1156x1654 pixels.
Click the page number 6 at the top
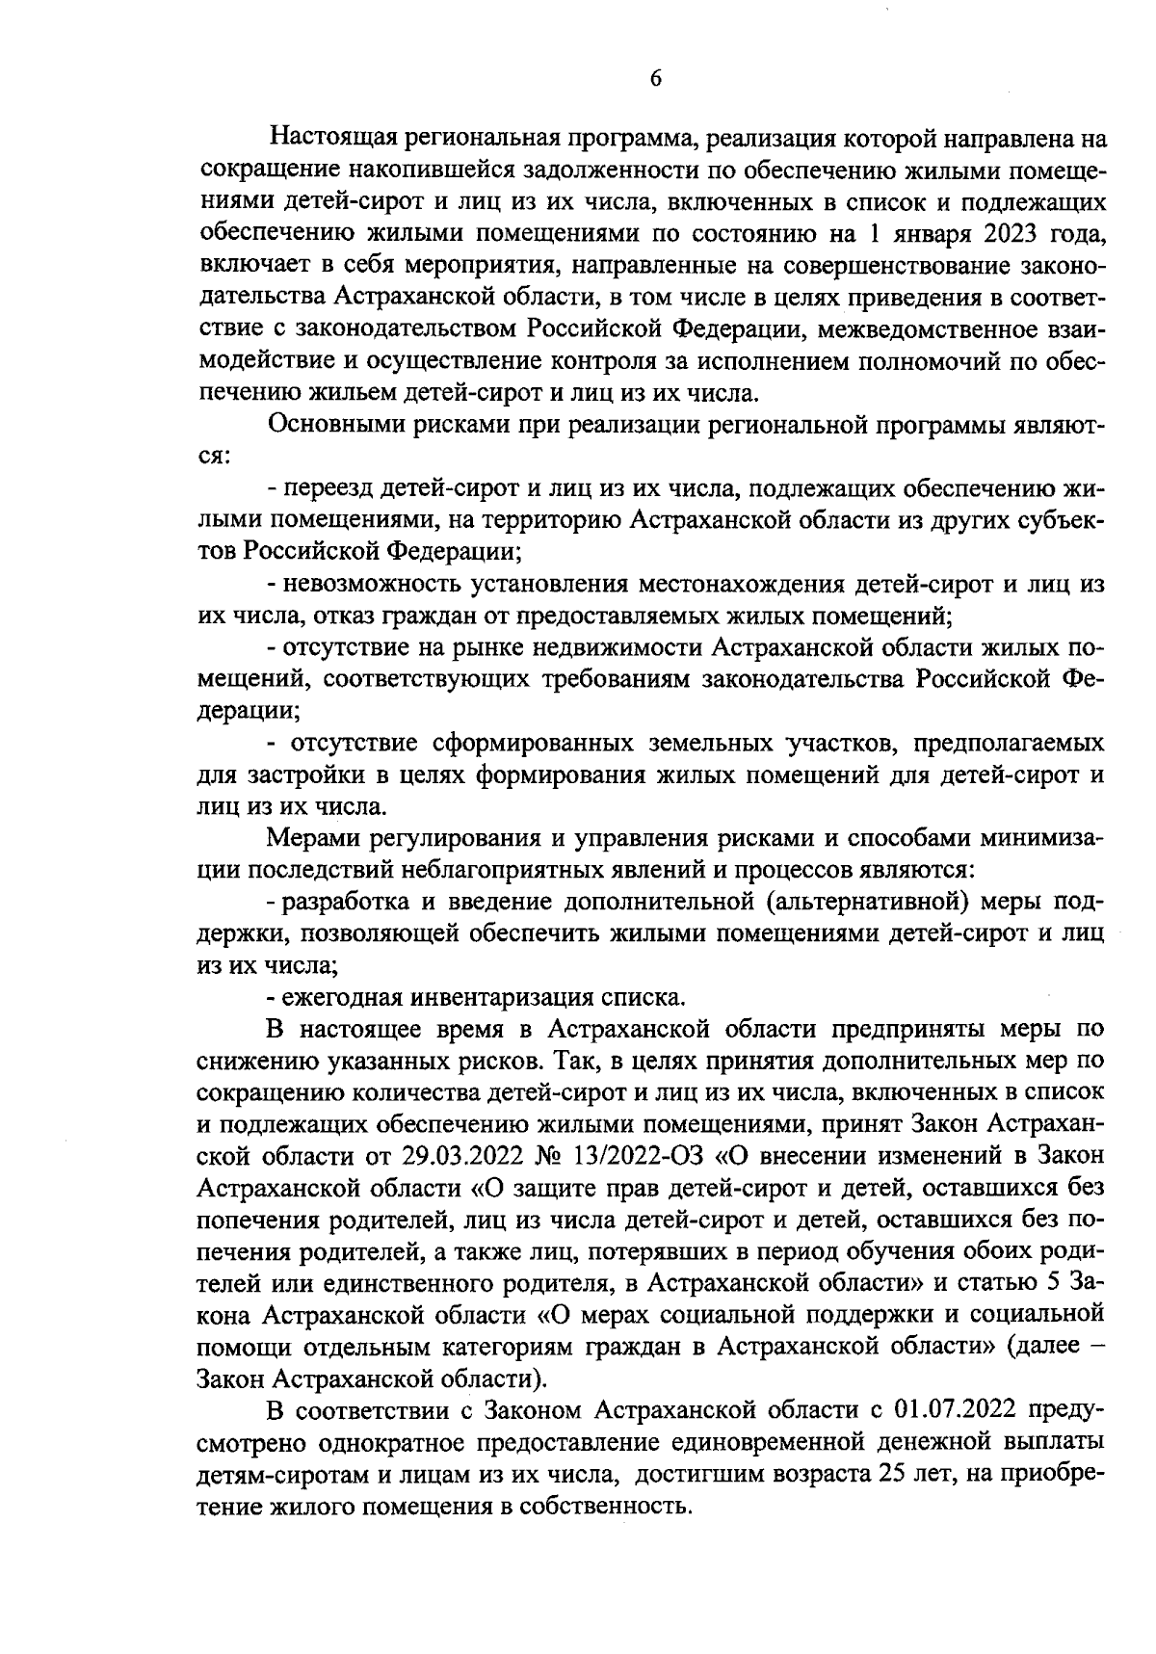655,80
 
